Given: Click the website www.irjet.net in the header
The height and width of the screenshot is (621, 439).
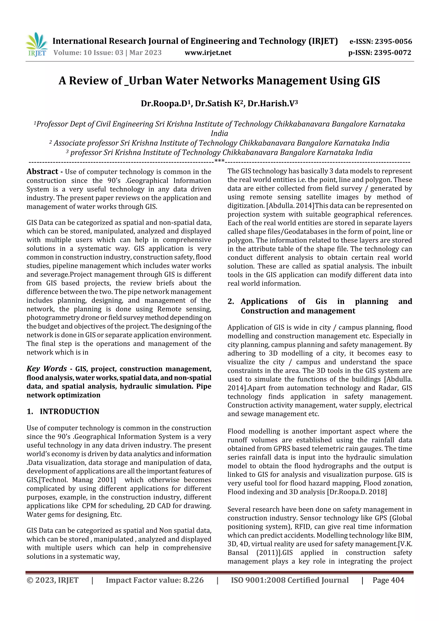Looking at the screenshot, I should tap(208, 53).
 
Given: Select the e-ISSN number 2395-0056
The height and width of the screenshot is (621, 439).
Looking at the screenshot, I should tap(393, 41).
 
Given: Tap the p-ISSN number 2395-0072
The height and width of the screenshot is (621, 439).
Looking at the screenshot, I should tap(392, 53).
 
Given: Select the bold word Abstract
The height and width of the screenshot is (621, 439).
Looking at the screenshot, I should tap(42, 172).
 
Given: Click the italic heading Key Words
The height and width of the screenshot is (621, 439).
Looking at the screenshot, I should tap(47, 369).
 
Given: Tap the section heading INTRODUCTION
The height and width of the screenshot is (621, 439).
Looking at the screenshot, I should tap(69, 411).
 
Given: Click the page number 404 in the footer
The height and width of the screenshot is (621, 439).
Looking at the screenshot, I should tap(397, 580).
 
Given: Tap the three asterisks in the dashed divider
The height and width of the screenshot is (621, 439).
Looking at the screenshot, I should tap(219, 161).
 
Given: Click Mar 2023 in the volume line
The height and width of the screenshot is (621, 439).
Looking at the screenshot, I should tap(145, 53).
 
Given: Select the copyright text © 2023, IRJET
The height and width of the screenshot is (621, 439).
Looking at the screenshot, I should tap(53, 580).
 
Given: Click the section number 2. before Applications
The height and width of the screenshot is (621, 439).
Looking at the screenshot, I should tap(231, 301).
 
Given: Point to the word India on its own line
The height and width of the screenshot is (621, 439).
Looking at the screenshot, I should tap(219, 133).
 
